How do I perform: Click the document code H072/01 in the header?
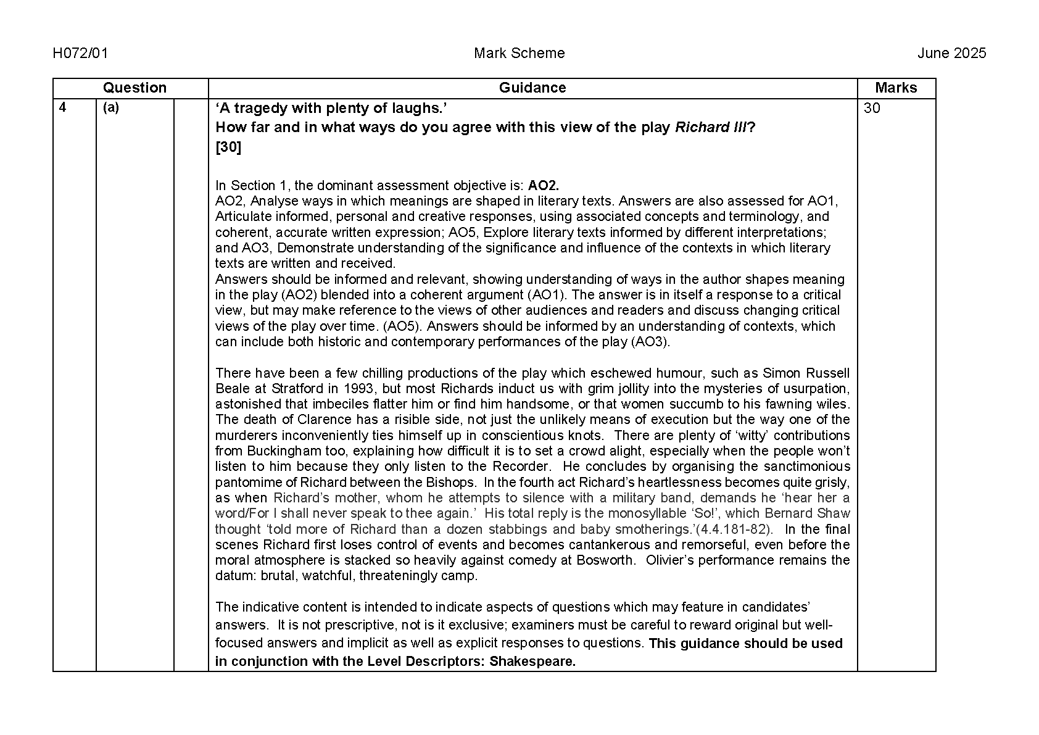click(80, 53)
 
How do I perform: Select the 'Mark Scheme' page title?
click(519, 53)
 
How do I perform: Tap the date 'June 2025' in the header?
click(951, 53)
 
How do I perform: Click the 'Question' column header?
click(135, 88)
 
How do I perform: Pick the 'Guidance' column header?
click(532, 88)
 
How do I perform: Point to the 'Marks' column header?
click(896, 88)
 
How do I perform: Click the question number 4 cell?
click(62, 108)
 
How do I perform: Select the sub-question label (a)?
click(111, 108)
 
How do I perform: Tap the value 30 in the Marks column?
click(872, 109)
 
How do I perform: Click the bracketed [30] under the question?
click(228, 147)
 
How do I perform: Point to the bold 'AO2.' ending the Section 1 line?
click(544, 185)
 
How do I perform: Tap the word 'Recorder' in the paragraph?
click(519, 467)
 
